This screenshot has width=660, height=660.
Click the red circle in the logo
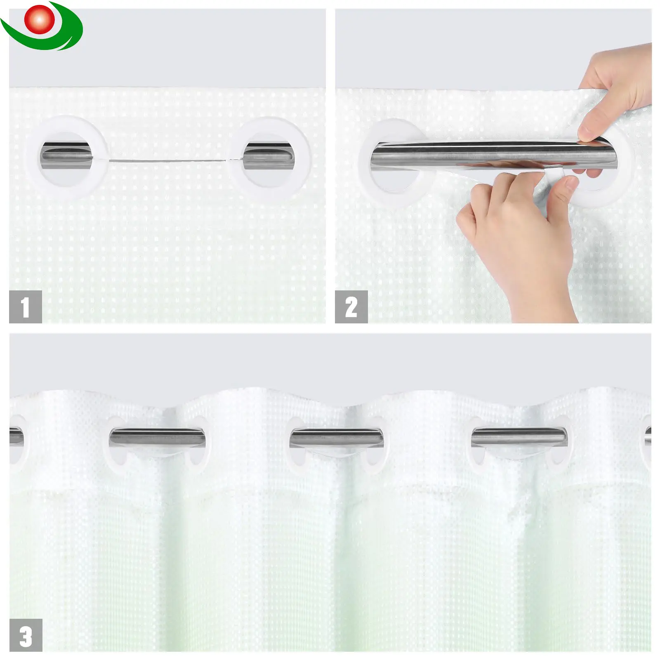tap(40, 19)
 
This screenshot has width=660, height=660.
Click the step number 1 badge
tap(26, 306)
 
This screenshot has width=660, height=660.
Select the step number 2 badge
tap(351, 306)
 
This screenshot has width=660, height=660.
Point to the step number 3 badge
tap(26, 635)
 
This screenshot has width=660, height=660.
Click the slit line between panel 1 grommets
tap(169, 160)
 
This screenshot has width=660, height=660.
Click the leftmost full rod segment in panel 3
tap(157, 437)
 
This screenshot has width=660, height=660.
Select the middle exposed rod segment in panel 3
tap(337, 437)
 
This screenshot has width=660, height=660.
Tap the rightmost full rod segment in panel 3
tap(519, 437)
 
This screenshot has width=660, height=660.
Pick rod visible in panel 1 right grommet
tap(269, 156)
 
